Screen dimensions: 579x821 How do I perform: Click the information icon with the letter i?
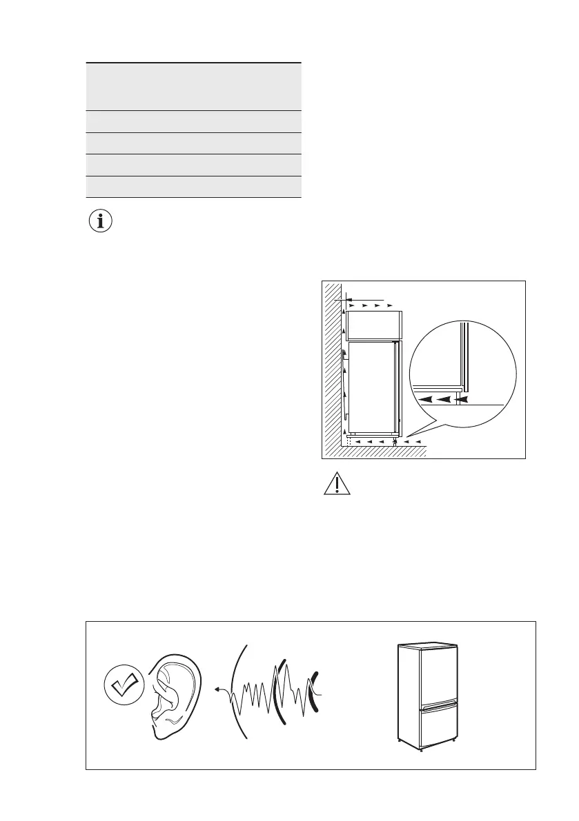point(100,222)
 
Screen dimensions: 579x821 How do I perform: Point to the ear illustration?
point(172,696)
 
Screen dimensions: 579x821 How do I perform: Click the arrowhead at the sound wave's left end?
point(217,688)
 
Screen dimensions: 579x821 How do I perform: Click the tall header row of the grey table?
point(194,86)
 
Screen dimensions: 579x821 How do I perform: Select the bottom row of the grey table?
point(194,187)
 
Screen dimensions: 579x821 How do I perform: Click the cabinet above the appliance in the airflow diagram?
point(373,325)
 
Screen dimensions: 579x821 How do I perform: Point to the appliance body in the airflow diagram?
point(373,387)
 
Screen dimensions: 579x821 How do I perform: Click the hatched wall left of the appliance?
point(333,365)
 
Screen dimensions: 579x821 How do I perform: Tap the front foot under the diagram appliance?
point(394,441)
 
